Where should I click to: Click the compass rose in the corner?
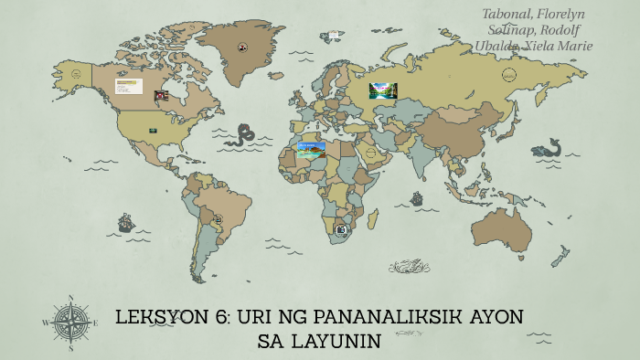pos(70,322)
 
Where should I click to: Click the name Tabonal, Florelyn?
pos(533,14)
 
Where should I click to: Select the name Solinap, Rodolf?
pos(533,29)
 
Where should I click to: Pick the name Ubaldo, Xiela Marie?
pos(533,46)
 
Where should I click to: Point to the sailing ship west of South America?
pos(125,223)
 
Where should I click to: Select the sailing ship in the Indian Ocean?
pos(417,198)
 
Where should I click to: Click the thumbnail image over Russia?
pos(383,90)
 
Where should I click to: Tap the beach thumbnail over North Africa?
pos(311,150)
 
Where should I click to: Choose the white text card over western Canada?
pos(128,86)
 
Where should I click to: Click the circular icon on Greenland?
pos(243,48)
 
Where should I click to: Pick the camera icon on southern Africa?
pos(341,230)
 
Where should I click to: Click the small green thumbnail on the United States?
pos(153,131)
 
